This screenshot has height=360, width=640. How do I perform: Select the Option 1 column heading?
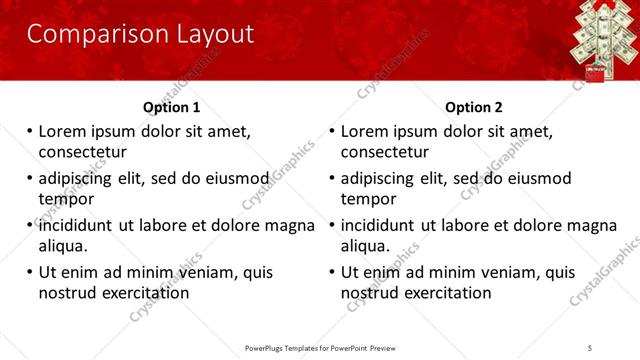[x=171, y=107]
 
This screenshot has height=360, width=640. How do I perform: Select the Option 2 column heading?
[x=474, y=107]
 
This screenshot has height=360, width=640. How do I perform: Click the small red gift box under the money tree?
[x=596, y=72]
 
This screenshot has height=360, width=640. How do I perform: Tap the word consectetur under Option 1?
[x=82, y=152]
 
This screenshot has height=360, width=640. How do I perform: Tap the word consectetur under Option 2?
[x=385, y=152]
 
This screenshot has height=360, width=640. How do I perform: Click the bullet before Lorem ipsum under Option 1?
[x=30, y=132]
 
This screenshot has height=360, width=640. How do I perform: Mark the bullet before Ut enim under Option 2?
[x=333, y=272]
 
